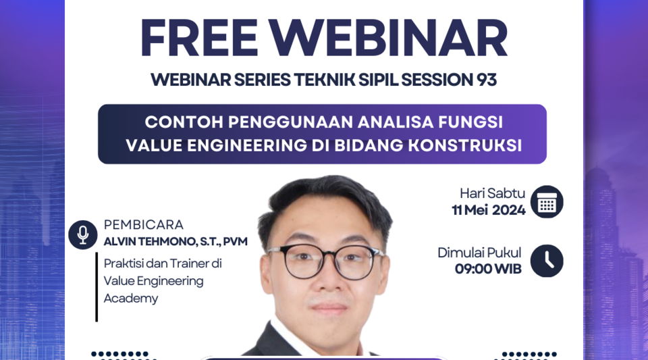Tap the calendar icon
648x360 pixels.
(x=547, y=202)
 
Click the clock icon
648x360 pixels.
(x=547, y=261)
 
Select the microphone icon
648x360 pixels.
(x=83, y=234)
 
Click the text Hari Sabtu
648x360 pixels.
(x=492, y=193)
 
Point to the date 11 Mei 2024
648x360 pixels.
(x=489, y=210)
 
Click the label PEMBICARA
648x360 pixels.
(x=144, y=225)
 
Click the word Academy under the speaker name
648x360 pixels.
(x=131, y=299)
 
